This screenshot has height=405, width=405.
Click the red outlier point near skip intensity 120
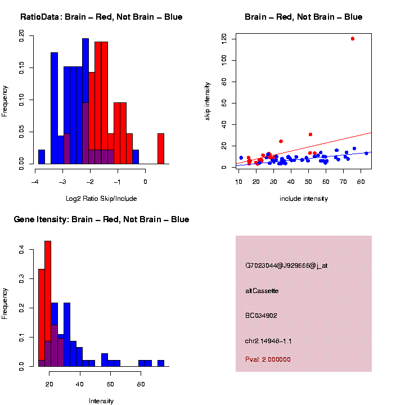point(353,39)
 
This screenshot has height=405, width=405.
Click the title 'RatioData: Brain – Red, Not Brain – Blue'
point(101,17)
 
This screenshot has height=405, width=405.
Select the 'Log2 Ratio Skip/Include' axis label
point(101,199)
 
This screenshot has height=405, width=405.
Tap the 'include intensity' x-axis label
point(304,199)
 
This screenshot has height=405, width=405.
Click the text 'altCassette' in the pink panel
point(262,291)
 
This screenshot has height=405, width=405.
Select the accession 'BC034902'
point(262,316)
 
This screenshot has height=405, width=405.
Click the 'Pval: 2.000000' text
point(268,359)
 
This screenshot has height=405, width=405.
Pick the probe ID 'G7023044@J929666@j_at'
point(286,265)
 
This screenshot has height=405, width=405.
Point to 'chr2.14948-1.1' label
point(268,341)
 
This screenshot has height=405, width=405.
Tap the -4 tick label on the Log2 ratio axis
point(35,182)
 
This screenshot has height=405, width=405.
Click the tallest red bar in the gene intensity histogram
point(48,304)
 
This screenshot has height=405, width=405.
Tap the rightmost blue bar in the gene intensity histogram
point(161,363)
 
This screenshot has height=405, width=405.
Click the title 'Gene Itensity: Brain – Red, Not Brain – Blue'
point(101,219)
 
